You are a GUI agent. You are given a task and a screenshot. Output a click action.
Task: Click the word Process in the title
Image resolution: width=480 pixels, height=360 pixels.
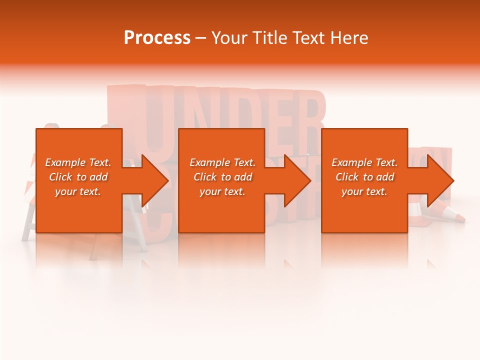click(157, 38)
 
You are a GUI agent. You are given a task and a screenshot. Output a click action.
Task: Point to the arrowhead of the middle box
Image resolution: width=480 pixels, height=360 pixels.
click(297, 180)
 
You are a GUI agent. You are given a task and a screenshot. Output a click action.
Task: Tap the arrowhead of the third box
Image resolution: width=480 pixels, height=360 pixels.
click(440, 180)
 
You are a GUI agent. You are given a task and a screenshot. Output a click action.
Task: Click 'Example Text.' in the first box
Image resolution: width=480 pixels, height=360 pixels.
click(78, 162)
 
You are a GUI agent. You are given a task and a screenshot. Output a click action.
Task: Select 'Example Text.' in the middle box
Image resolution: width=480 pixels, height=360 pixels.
click(222, 162)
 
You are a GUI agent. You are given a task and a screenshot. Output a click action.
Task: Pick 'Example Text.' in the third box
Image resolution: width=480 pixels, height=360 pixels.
click(364, 162)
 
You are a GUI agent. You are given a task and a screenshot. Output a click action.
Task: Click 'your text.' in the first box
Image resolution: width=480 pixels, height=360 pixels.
click(78, 191)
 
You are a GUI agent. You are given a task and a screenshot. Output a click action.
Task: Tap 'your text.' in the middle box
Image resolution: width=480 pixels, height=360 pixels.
click(222, 191)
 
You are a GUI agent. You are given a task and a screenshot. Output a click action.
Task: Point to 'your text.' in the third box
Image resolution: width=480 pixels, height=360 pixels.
click(364, 191)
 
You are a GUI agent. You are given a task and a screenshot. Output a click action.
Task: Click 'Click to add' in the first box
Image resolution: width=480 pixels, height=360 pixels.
click(78, 177)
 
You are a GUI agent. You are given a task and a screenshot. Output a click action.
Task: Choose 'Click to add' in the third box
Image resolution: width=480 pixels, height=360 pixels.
click(364, 177)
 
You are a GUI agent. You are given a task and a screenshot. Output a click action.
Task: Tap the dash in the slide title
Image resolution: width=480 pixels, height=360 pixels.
click(200, 38)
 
